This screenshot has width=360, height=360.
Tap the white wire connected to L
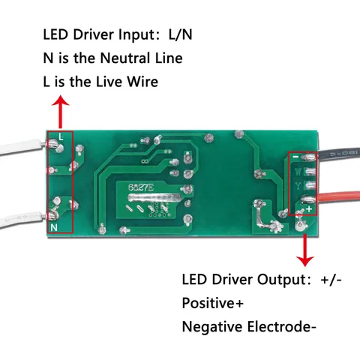pos(21,148)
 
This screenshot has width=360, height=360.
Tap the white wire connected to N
pos(21,220)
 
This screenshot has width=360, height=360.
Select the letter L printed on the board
pos(61,136)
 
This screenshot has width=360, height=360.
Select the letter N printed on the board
pos(54,227)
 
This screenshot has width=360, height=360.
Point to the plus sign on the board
pos(309,209)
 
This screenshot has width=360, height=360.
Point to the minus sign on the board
pos(295,157)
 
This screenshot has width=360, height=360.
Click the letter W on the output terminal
pos(298,172)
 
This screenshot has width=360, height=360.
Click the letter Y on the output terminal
pos(298,186)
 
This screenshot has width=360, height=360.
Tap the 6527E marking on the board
pos(141,187)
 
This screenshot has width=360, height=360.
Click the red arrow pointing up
pos(60,112)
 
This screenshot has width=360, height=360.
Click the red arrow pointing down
pos(304,250)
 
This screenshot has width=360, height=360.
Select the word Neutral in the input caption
pos(126,58)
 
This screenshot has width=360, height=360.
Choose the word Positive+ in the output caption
pos(213,303)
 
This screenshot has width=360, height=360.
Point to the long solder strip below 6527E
pos(154,198)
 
